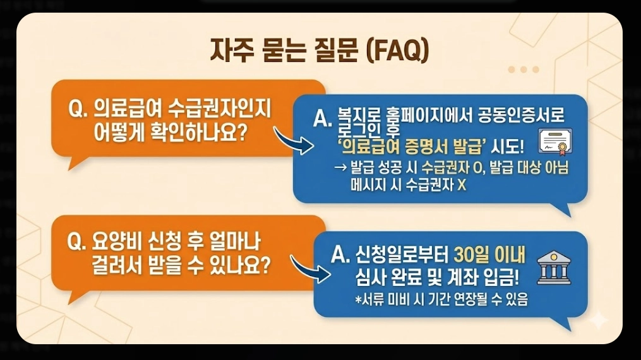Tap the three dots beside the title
coord(524,69)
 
